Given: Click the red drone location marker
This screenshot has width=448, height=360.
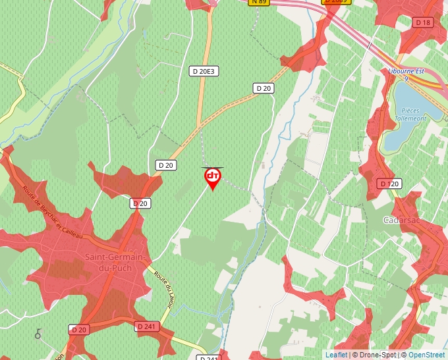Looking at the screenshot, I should pos(213,177).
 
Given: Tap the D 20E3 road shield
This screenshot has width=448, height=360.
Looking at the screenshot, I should pos(203,70).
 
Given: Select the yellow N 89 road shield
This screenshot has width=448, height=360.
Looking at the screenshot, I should pos(259,2).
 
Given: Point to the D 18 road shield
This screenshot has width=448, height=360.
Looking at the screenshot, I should pos(423,22).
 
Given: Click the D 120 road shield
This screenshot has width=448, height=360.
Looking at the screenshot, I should pos(389,184).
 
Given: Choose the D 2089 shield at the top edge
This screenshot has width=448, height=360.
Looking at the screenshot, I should pos(335,2).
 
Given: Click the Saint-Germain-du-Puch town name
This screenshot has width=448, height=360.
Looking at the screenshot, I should pos(109,263).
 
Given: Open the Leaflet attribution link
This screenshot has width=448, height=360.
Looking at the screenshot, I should pos(336,355).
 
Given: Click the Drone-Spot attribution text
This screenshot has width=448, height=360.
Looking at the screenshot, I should pos(373,355).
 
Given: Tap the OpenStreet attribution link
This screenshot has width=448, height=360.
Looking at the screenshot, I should pos(426,355).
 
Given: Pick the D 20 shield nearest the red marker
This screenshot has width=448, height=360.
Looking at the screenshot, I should pos(165,165).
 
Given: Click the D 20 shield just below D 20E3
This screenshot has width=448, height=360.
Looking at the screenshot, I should pos(264,88).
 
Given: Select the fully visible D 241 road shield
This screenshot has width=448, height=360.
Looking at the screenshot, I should pos(148,326).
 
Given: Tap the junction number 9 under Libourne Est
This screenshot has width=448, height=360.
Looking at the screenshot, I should pos(406,78).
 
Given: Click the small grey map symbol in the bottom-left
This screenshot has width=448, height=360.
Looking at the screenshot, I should pos(38,334).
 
